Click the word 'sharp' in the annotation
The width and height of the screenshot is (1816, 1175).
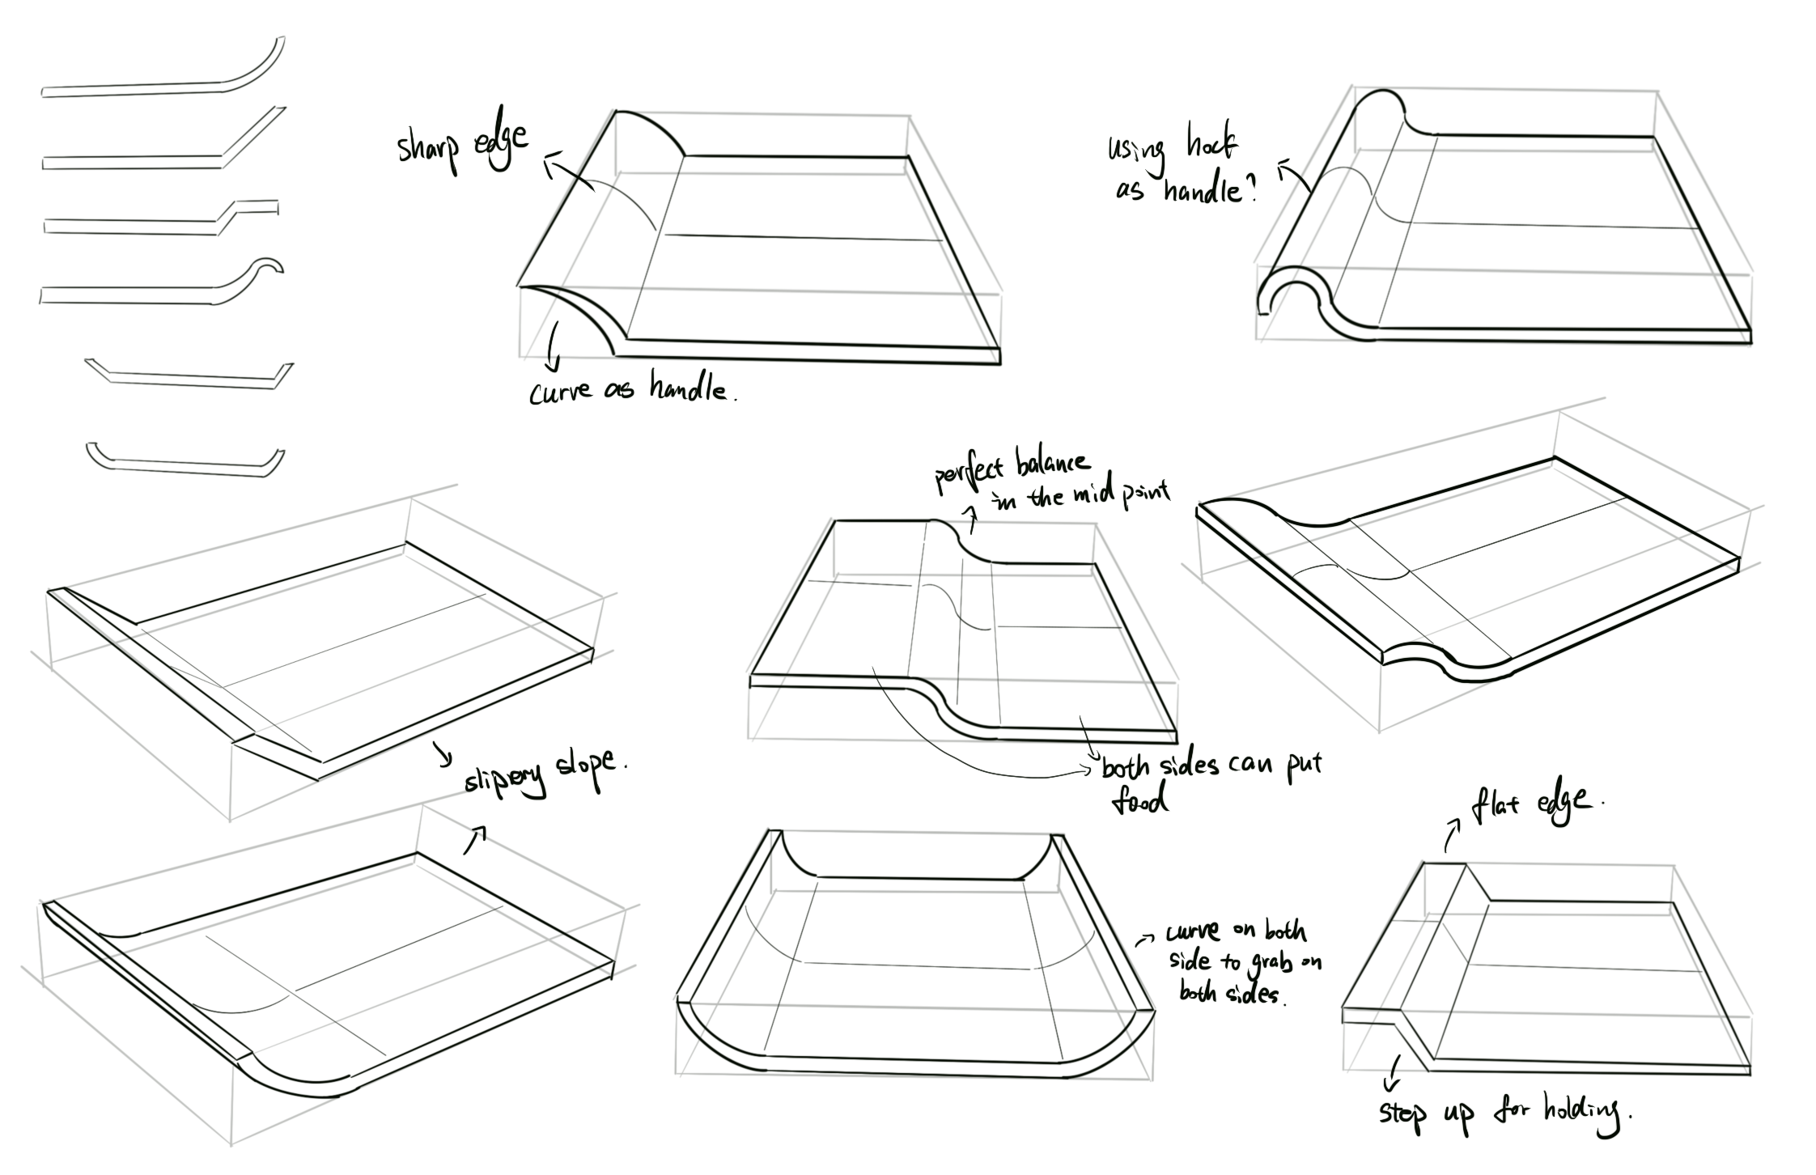(428, 150)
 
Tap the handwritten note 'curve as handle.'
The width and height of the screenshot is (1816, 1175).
(631, 390)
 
